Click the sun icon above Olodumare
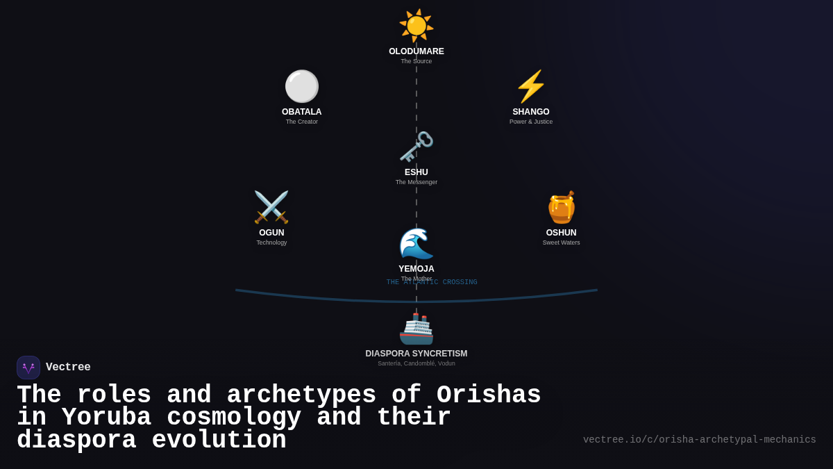(x=416, y=26)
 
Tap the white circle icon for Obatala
(x=302, y=86)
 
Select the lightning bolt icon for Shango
(x=531, y=86)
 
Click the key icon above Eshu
(x=416, y=147)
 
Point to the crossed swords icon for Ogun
(x=271, y=207)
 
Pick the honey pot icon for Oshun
(x=561, y=207)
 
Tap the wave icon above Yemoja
(x=416, y=243)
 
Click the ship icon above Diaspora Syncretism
(x=416, y=328)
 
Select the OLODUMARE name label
(x=416, y=51)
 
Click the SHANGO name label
(x=531, y=112)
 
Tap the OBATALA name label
(x=302, y=112)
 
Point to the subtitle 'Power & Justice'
(x=531, y=122)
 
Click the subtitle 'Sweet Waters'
(x=561, y=242)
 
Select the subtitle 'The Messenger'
(x=416, y=182)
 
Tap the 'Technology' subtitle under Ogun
(x=271, y=242)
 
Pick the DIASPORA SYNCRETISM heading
(x=416, y=354)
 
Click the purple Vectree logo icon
(x=28, y=368)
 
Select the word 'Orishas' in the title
(x=489, y=395)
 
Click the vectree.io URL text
(x=699, y=440)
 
